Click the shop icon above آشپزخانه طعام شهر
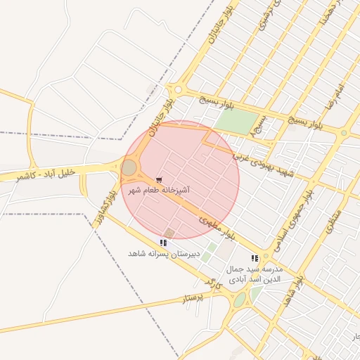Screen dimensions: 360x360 tap(160, 180)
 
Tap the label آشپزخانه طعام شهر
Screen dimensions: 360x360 tap(160, 191)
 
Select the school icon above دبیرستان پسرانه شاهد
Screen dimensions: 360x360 tap(164, 243)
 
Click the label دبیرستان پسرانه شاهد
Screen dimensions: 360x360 tap(164, 253)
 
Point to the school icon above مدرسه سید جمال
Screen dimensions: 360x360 tap(254, 259)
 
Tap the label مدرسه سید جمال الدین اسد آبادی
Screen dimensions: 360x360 tap(254, 274)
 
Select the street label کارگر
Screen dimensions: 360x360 tap(213, 283)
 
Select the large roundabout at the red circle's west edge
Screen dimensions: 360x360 tap(129, 167)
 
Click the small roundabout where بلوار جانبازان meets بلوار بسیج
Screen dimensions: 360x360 tap(178, 89)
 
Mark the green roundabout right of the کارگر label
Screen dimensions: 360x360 tap(240, 300)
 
